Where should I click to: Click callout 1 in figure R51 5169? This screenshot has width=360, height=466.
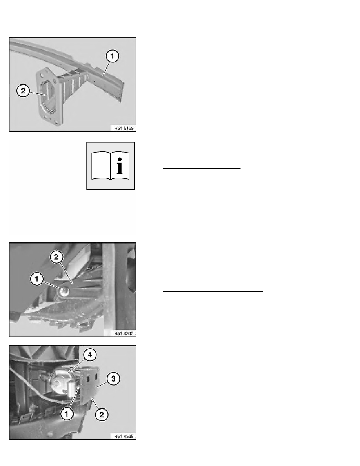coord(112,56)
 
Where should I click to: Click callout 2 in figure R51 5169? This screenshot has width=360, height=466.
coord(23,90)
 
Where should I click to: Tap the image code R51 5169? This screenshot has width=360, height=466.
coord(124,128)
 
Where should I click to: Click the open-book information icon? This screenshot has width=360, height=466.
coord(111,166)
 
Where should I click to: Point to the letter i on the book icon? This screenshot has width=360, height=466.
coord(120,166)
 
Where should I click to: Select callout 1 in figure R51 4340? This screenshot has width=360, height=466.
coord(37,279)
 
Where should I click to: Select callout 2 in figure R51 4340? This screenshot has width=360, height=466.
coord(56,257)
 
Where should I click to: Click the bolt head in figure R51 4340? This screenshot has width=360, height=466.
coord(64,291)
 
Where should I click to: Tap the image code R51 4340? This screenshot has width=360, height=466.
coord(124,333)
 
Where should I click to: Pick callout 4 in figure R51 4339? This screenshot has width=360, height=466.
coord(90,355)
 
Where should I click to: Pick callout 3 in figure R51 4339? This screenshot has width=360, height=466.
coord(113,379)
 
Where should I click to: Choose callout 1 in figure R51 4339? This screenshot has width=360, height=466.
coord(67,414)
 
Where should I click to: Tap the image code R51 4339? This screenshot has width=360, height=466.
coord(124,436)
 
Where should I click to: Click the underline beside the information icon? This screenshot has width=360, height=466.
coord(202,169)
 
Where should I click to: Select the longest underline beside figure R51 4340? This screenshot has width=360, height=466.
coord(213,291)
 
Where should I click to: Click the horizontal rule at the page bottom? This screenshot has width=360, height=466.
coord(182,446)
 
